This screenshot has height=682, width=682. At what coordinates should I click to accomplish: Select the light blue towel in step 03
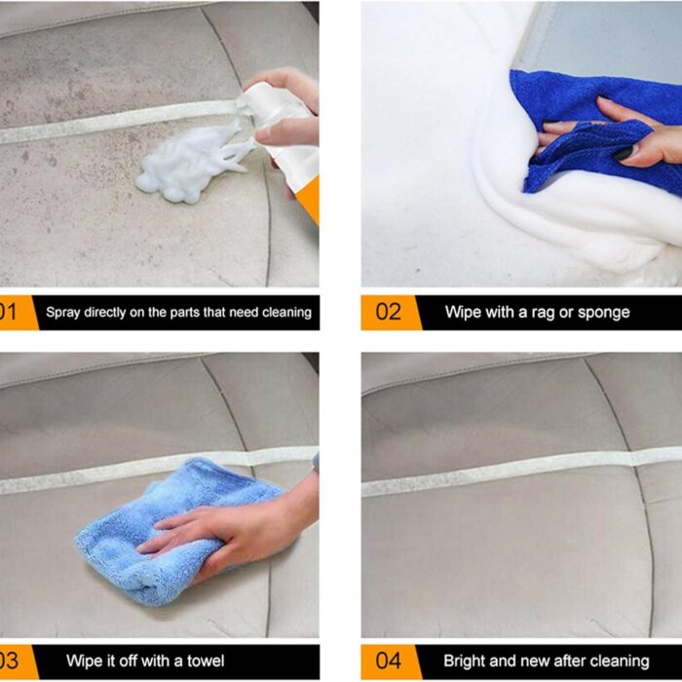tap(174, 531)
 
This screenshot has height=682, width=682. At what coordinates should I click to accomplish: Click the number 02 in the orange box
tap(388, 313)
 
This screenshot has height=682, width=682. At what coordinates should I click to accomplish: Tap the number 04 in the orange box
tap(388, 662)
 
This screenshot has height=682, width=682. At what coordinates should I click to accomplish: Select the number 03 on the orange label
tap(8, 662)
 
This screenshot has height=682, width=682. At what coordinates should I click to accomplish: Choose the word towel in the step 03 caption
tap(206, 662)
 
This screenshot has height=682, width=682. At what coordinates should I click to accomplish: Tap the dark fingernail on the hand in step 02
tap(625, 153)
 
